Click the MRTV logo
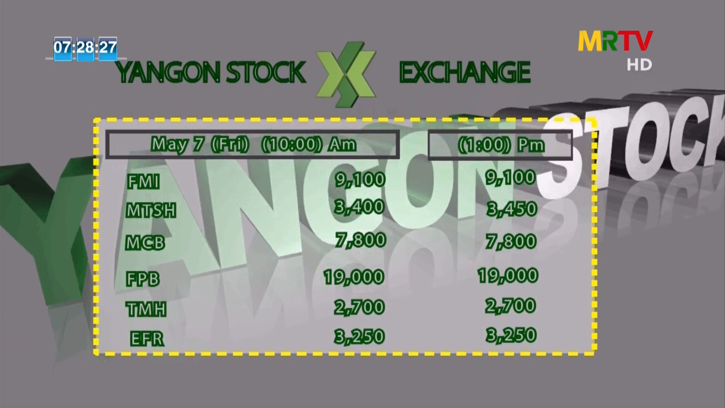coord(615,41)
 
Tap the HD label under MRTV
coord(639,65)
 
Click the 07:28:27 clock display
coord(85,48)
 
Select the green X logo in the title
coord(346,74)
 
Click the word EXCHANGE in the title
coord(465,72)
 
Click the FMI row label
coord(143,182)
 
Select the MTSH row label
coord(151,210)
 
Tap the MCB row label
coord(145,243)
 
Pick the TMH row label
coord(146,309)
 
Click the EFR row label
coord(147,339)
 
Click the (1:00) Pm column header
coord(501,144)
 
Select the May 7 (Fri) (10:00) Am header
coord(253,144)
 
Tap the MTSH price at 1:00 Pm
coord(511,209)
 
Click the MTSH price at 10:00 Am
coord(359,207)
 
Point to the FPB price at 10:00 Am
coord(354,277)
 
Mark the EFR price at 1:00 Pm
coord(511,335)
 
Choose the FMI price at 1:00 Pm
coord(511,178)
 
